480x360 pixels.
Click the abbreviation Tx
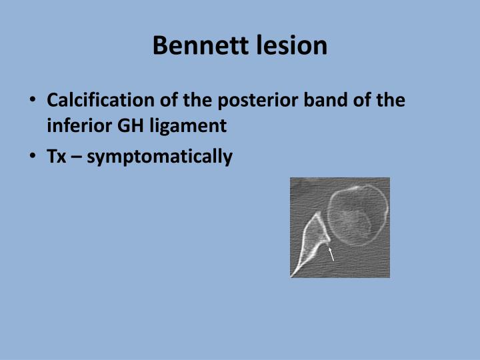coord(55,157)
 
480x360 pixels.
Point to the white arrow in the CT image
coord(330,253)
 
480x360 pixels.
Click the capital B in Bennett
coord(160,45)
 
